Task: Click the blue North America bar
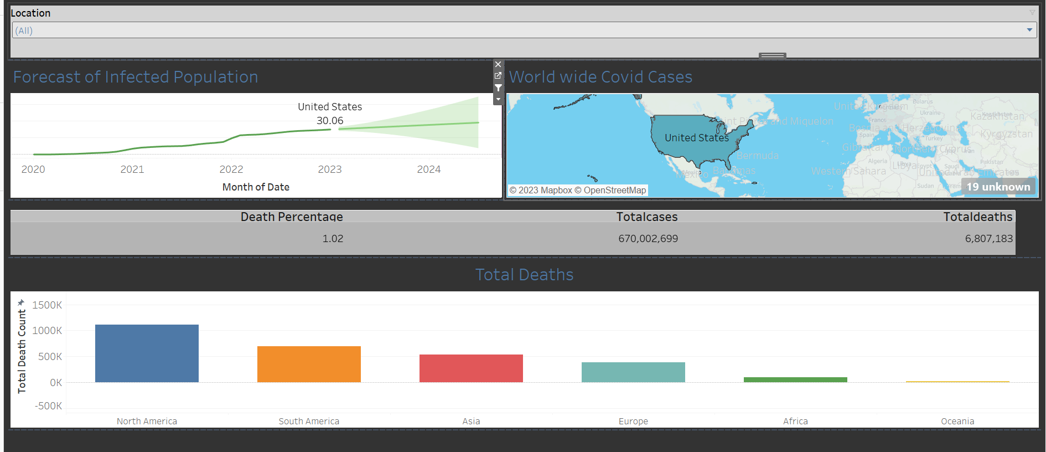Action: tap(147, 353)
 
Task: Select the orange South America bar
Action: tap(309, 364)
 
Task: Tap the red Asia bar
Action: tap(471, 368)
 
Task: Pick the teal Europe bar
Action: tap(633, 372)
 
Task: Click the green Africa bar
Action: tap(795, 379)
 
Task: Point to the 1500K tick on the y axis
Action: tap(47, 305)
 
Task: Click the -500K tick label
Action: tap(48, 406)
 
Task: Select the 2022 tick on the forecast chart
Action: tap(231, 169)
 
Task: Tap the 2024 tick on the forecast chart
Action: tap(429, 169)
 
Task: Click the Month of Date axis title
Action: tap(256, 187)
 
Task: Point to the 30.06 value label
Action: tap(330, 121)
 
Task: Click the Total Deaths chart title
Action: tap(524, 275)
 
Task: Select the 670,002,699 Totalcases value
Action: tap(648, 239)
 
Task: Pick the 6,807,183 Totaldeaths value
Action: tap(988, 239)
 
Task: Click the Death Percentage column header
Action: tap(292, 217)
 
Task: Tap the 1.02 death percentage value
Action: tap(333, 239)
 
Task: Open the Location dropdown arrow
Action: tap(1029, 30)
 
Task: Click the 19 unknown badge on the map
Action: tap(998, 187)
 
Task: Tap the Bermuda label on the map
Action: tap(757, 156)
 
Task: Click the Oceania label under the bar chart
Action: tap(957, 422)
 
